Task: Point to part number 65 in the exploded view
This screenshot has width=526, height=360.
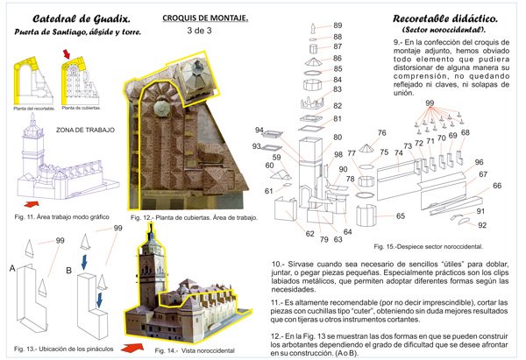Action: point(400,215)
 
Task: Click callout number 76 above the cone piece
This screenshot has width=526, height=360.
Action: point(380,133)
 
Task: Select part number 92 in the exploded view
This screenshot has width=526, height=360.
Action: point(481,225)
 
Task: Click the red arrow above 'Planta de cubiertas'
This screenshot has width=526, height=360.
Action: point(67,58)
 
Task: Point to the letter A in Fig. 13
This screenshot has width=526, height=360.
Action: point(10,270)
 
